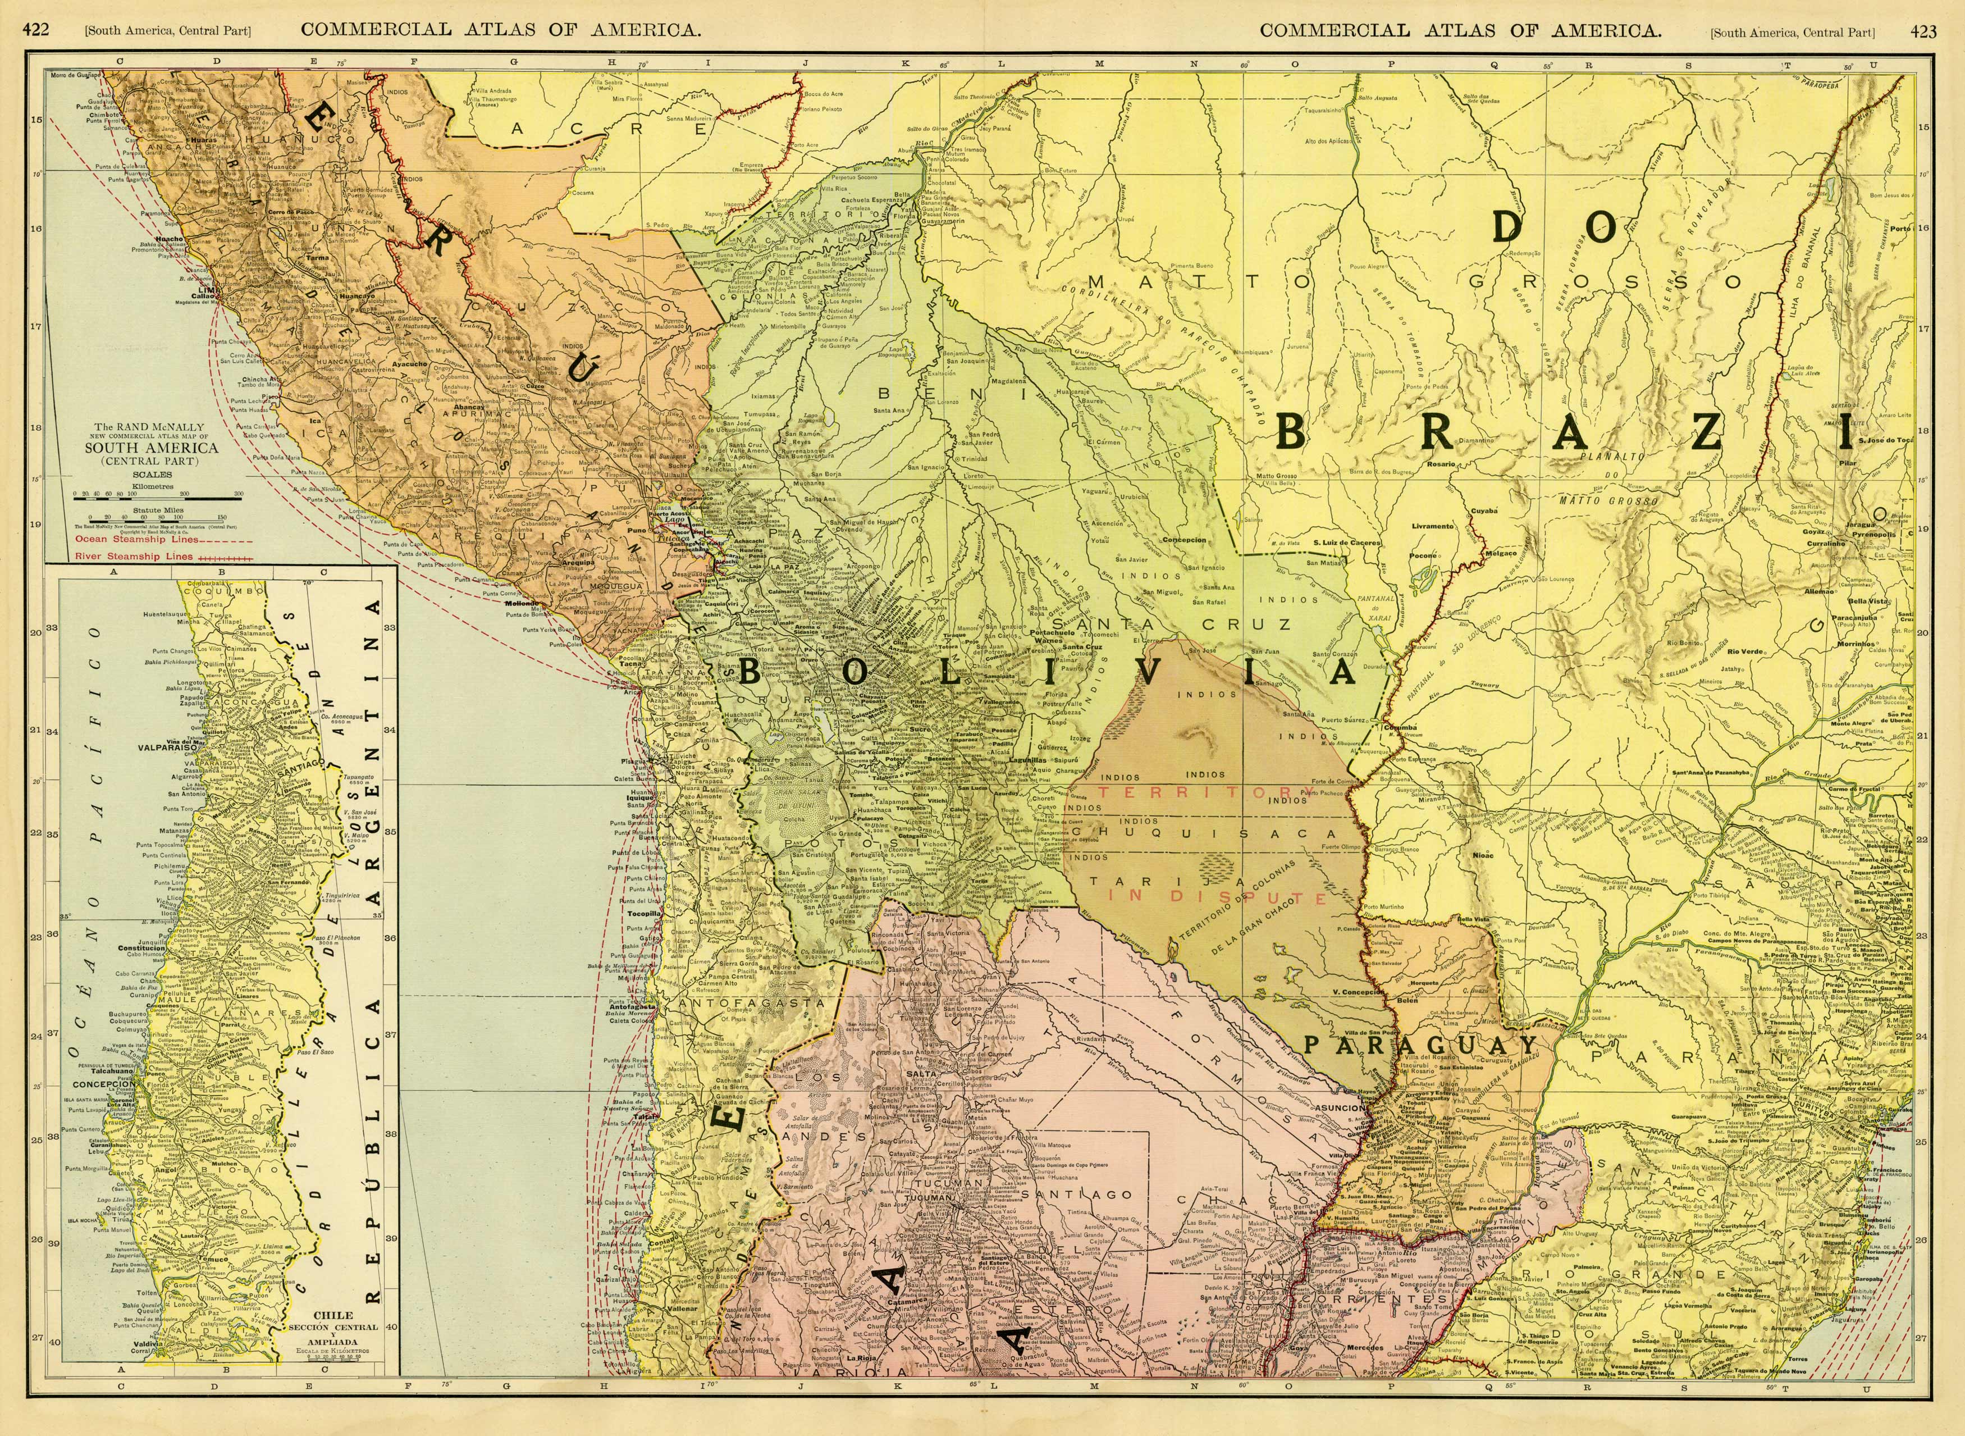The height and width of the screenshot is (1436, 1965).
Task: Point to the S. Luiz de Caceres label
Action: (x=1346, y=543)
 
